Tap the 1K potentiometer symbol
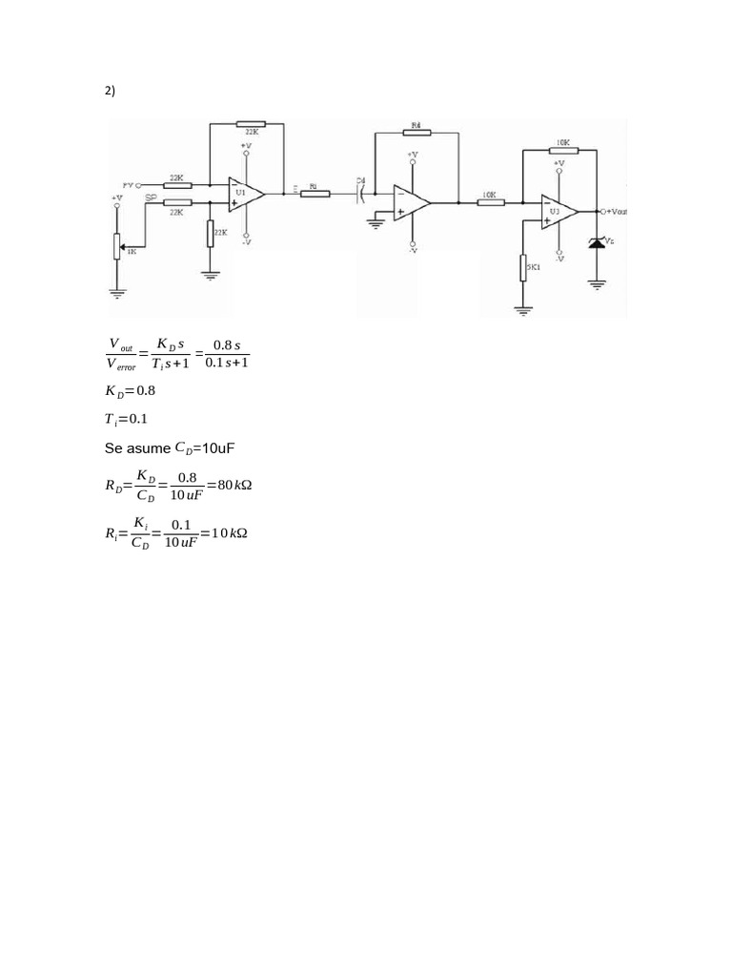(x=117, y=245)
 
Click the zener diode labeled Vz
(x=598, y=244)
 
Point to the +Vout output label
(x=616, y=211)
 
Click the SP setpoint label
(x=151, y=197)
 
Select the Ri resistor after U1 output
(x=315, y=194)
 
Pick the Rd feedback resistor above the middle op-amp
(x=416, y=133)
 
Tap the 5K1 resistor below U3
(x=524, y=268)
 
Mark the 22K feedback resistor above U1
(x=251, y=124)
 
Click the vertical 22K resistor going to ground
(x=210, y=233)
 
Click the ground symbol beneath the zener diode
(x=598, y=282)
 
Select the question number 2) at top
(x=110, y=91)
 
